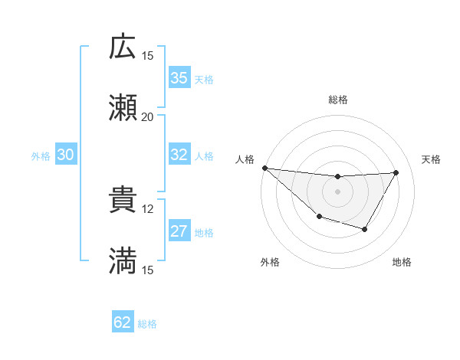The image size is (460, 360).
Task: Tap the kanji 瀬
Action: (x=123, y=108)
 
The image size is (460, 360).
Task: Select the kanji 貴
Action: (x=123, y=200)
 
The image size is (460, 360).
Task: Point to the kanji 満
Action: (x=123, y=261)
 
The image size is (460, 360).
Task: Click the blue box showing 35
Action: (x=179, y=78)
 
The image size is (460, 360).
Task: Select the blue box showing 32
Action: (x=179, y=155)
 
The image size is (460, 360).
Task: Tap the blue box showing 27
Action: (x=179, y=231)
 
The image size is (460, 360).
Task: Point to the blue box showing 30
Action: (x=66, y=155)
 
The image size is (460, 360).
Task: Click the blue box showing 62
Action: (x=123, y=322)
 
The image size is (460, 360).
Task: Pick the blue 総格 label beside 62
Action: (x=147, y=324)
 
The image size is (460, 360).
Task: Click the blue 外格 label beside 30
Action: (x=41, y=156)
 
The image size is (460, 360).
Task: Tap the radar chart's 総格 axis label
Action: (x=338, y=100)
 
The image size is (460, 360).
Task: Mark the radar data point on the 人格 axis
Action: (x=264, y=167)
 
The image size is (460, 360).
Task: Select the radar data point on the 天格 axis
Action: (x=396, y=172)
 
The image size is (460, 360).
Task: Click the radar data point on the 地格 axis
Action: (x=365, y=229)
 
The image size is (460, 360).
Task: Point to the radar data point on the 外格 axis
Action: (x=319, y=218)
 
